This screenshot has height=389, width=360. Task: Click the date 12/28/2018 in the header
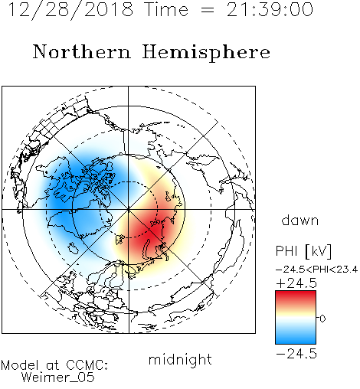pos(70,10)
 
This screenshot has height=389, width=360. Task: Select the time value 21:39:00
pos(270,9)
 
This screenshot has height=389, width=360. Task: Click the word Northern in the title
pos(82,51)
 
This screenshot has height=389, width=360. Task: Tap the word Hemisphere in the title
pos(206,53)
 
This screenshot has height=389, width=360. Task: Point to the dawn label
pos(300,221)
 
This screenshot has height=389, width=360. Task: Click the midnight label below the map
pos(180,360)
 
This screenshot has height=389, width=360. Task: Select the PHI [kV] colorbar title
pos(303,251)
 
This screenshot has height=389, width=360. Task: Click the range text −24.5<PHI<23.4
pos(316,270)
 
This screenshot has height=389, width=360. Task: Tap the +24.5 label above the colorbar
pos(296,283)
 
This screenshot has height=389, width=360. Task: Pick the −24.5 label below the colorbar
pos(296,354)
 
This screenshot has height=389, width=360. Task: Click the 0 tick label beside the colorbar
pos(322,319)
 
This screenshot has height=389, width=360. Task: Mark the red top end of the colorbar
pos(296,293)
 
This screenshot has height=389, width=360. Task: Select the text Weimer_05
pos(58,377)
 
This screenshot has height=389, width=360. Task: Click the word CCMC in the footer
pos(87,365)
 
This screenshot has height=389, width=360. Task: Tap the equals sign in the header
pos(207,11)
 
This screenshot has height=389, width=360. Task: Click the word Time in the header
pos(166,10)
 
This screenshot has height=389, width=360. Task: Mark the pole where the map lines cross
pos(129,210)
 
